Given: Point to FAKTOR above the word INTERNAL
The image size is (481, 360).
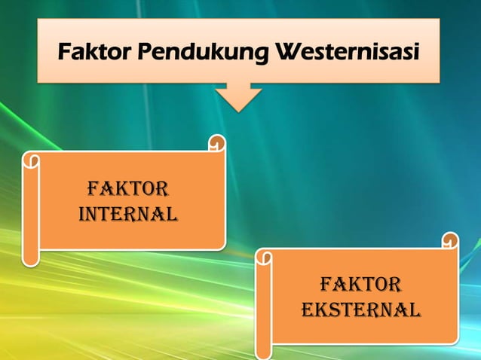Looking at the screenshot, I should [x=127, y=188].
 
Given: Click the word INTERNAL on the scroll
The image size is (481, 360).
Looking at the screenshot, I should [x=127, y=214].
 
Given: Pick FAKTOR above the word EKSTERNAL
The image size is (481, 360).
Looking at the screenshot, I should [x=360, y=285].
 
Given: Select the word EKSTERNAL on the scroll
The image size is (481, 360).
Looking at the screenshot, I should [x=360, y=310].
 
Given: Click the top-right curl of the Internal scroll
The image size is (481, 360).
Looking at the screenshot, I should [x=216, y=142].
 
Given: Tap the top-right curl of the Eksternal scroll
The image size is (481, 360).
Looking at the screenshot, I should [x=450, y=241].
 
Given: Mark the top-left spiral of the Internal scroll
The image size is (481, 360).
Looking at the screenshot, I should [x=32, y=160].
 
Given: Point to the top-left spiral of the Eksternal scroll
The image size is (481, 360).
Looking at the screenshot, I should [x=265, y=258].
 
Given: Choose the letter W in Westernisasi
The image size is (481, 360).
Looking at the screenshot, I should [x=289, y=53].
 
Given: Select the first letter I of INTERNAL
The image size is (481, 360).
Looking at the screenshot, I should [x=82, y=214].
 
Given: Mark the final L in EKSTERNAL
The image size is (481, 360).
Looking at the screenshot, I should [x=415, y=310].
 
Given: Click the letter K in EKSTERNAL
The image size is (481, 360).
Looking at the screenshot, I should [x=319, y=310].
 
